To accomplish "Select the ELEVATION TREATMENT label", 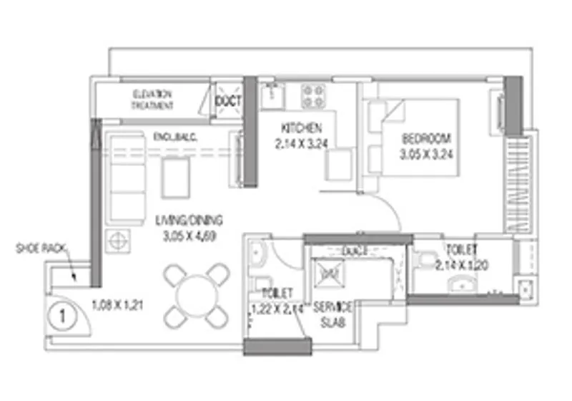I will (x=152, y=100).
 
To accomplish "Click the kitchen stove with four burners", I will (x=313, y=95).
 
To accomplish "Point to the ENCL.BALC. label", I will (x=175, y=137).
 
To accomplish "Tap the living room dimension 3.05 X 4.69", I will (x=189, y=233).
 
